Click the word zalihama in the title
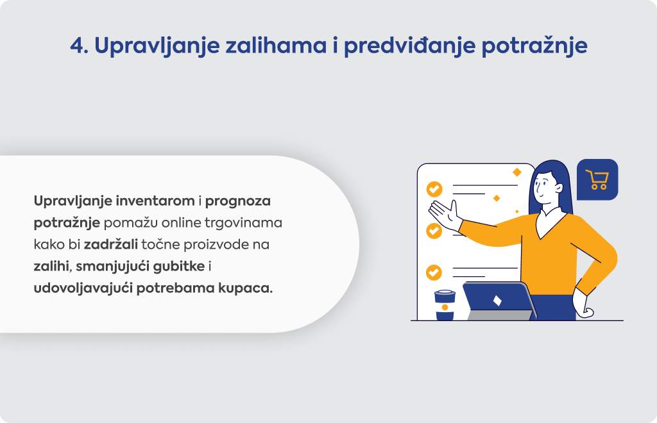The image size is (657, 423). click(x=276, y=46)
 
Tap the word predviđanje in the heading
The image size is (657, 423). click(x=409, y=46)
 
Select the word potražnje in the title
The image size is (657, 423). click(x=534, y=46)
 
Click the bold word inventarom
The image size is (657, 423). click(x=155, y=201)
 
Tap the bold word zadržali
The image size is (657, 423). click(x=110, y=244)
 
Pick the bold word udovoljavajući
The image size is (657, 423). click(x=83, y=288)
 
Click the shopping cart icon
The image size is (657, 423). click(x=597, y=180)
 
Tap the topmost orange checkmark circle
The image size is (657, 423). click(x=434, y=189)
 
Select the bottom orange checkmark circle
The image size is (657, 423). click(x=434, y=272)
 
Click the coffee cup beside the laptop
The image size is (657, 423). click(x=445, y=305)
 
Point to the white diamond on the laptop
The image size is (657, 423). click(x=497, y=301)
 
